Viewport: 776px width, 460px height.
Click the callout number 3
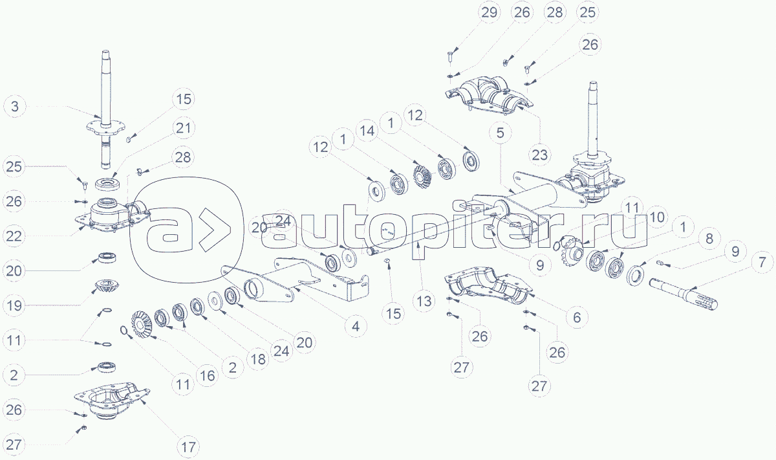point(15,106)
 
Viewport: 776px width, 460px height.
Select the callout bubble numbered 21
point(184,128)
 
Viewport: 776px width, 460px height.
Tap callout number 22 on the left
point(14,236)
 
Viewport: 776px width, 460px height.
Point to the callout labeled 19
point(14,306)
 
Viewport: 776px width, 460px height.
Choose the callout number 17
point(188,447)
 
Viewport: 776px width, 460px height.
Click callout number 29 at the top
point(490,12)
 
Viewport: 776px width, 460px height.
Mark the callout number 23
point(540,155)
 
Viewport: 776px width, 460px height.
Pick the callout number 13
point(424,301)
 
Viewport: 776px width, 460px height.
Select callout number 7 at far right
point(762,263)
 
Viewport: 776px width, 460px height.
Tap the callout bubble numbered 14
point(367,131)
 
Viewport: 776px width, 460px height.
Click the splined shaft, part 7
point(683,294)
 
